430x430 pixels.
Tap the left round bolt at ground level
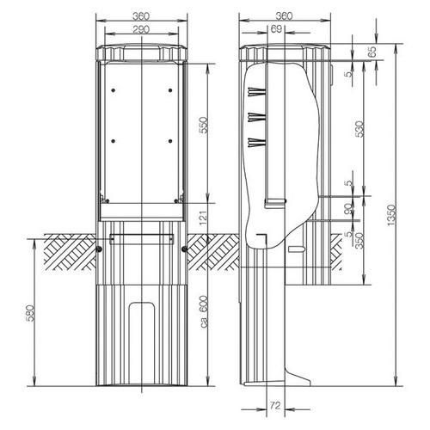(99, 249)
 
